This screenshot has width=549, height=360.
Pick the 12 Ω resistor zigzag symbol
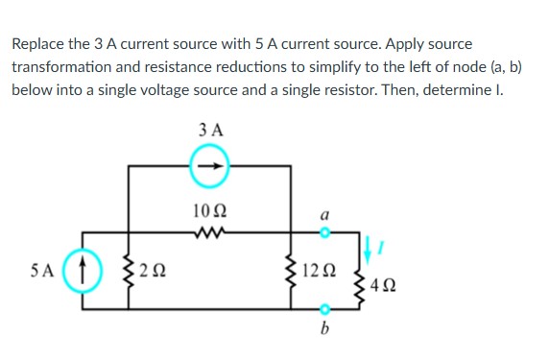[291, 272]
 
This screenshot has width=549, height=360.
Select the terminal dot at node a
[324, 231]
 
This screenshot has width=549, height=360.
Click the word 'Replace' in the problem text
[39, 44]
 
